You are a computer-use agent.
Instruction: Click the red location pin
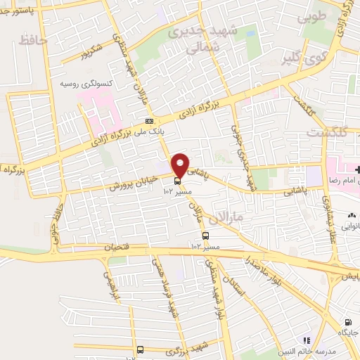pos(180,165)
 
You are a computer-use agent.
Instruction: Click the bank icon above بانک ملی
pos(149,120)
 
